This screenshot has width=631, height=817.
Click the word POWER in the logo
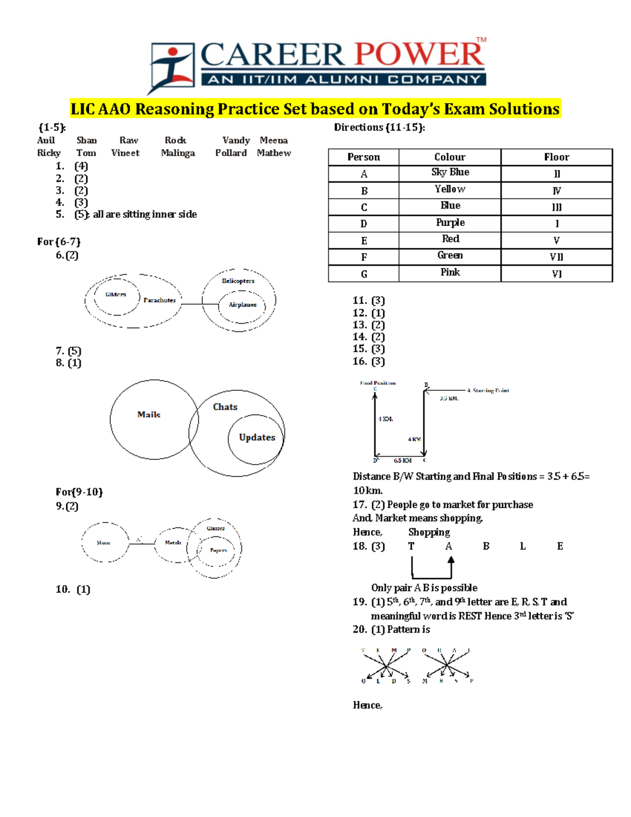[x=419, y=55]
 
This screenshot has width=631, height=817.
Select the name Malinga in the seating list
[x=178, y=153]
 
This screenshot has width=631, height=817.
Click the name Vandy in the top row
[x=236, y=140]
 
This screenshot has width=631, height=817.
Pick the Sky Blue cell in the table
[x=450, y=173]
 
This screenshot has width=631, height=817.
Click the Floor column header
[x=556, y=157]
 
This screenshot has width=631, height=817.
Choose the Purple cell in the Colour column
[x=450, y=223]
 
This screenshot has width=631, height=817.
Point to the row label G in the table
[x=364, y=274]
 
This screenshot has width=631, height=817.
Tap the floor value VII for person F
[x=556, y=257]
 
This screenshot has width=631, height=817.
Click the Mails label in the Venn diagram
[x=149, y=415]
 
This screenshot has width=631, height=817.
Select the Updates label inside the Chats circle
[x=257, y=438]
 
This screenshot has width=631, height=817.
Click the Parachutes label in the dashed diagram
[x=159, y=300]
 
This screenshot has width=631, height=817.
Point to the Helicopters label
[x=238, y=281]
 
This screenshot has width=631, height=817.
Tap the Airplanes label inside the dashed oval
[x=242, y=305]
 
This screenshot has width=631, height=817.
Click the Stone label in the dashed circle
[x=104, y=542]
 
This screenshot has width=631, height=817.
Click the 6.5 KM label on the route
[x=403, y=460]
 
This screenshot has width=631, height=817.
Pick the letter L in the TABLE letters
[x=523, y=547]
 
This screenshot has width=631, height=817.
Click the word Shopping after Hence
[x=429, y=532]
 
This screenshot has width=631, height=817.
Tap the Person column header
[x=363, y=157]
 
